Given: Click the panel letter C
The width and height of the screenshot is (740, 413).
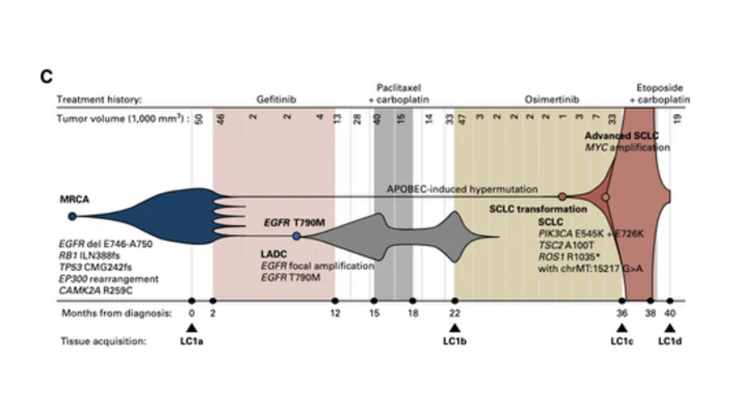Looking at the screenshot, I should coord(47,76).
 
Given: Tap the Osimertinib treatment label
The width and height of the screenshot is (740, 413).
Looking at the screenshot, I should coord(546,99).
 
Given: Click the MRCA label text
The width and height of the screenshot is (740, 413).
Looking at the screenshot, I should coord(74,200).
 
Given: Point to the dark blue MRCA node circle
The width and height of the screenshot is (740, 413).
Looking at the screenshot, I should coord(72,216).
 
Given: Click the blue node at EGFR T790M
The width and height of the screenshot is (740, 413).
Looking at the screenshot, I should coord(297,236).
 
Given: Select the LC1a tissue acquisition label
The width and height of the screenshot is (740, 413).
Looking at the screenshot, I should coord(191,342).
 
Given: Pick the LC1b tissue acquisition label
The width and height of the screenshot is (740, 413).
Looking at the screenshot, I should coord(454,342).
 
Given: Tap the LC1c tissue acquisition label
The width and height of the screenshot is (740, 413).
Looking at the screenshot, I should coord(622,342).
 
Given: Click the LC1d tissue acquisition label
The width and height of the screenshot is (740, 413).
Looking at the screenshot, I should coord(669,342).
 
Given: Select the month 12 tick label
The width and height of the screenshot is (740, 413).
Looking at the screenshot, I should coord(335,313).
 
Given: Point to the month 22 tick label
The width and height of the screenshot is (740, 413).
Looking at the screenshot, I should coord(454,313).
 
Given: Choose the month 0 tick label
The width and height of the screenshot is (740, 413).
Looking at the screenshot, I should coord(191,313).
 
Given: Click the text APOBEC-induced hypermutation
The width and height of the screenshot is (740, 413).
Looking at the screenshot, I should coord(461,189).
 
